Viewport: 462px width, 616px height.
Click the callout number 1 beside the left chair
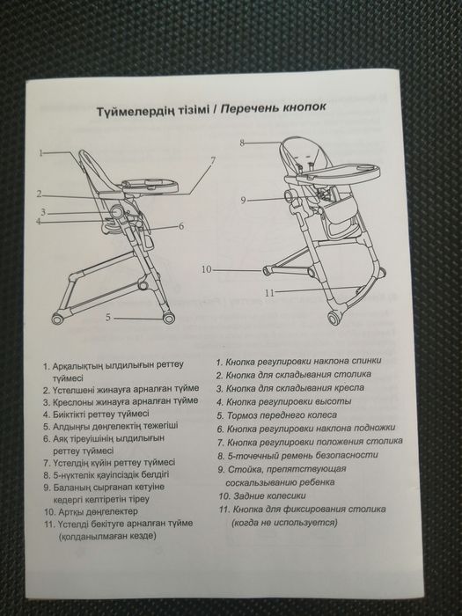coord(40,152)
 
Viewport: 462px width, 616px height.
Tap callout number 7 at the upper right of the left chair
coord(212,160)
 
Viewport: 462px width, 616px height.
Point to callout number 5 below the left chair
coord(107,315)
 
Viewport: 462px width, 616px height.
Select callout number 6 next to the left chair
coord(180,226)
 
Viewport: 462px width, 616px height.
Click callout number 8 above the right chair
coord(241,142)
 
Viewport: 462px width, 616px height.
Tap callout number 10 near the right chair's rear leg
coord(207,268)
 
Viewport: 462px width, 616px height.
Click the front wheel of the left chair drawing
coord(59,317)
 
